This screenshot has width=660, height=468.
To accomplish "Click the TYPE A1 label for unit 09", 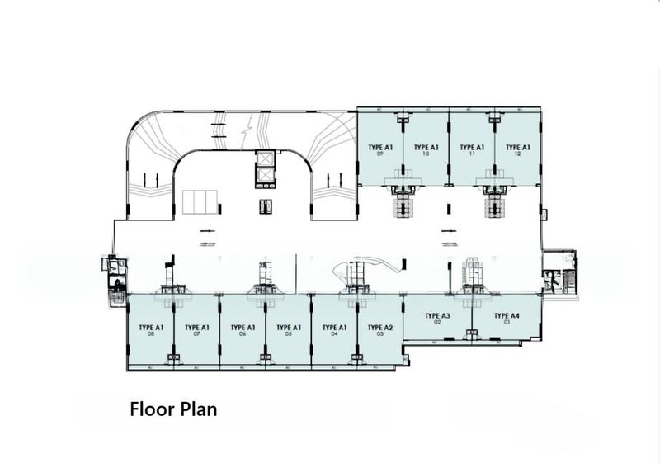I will [379, 146].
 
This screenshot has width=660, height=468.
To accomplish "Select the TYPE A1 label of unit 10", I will [426, 146].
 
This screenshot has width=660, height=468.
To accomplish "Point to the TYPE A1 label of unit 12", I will [518, 146].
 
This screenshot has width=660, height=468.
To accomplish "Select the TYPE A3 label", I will [437, 315].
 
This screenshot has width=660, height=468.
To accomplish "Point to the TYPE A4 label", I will [507, 315].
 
